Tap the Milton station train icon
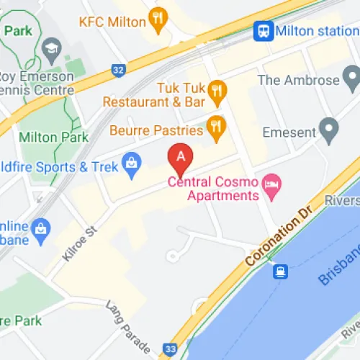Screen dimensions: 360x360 264,31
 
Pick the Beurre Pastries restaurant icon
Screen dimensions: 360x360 215,127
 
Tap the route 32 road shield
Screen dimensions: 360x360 117,70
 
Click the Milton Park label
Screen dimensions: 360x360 53,137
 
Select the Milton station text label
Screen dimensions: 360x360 315,31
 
